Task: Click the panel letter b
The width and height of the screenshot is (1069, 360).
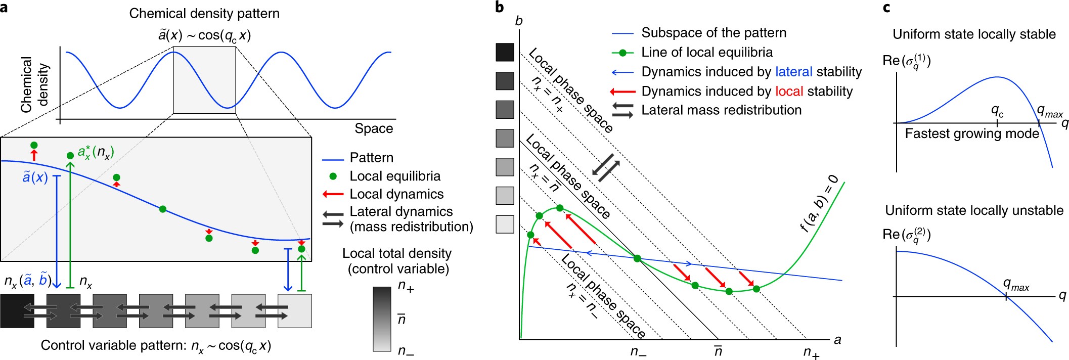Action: point(500,7)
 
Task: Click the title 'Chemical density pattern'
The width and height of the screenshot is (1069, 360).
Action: point(204,14)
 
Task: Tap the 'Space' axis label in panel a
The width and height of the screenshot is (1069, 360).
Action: point(374,128)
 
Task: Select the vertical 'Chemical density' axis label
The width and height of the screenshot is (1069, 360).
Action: point(34,84)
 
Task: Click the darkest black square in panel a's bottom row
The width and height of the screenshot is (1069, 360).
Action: point(17,311)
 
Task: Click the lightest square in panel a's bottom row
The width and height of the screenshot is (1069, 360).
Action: point(295,311)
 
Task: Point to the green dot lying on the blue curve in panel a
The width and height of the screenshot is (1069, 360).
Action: point(162,209)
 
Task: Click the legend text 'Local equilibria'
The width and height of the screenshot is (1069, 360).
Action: point(395,176)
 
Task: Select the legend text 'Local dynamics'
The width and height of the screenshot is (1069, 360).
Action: point(396,194)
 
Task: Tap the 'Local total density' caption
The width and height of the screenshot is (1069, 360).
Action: point(397,253)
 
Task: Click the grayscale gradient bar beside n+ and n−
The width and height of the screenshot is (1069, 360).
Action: point(382,319)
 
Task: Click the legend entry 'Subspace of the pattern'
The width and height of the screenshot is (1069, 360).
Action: point(714,33)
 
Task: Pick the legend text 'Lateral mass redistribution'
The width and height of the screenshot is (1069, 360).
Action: point(721,110)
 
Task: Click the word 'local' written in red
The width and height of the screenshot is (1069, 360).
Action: point(789,92)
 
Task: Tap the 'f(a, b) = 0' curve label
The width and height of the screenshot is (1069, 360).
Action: point(820,203)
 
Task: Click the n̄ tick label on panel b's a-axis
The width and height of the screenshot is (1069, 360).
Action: point(718,350)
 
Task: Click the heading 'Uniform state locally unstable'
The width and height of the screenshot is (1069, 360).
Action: point(974,210)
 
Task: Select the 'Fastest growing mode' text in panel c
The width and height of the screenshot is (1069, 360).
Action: point(972,134)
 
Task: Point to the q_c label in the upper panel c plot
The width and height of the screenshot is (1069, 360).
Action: point(997,111)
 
